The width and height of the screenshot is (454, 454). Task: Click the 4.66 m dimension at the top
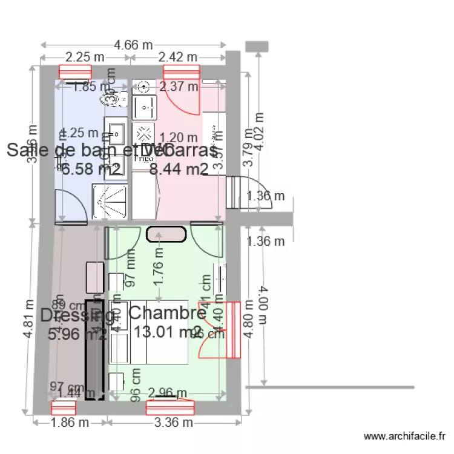(133, 44)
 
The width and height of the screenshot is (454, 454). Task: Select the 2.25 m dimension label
(85, 57)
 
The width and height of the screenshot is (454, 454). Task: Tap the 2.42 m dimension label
(178, 57)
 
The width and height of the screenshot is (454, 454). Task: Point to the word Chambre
(168, 313)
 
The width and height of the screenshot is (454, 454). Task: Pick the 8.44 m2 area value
(179, 169)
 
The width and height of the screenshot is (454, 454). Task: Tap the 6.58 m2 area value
(87, 169)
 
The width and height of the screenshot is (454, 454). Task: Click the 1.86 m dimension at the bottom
(69, 423)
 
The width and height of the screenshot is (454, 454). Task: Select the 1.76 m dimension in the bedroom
(159, 272)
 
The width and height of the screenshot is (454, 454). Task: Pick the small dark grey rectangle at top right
(257, 46)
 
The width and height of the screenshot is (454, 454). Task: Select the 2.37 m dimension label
(179, 87)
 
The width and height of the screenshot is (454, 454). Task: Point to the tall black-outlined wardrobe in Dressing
(94, 349)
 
